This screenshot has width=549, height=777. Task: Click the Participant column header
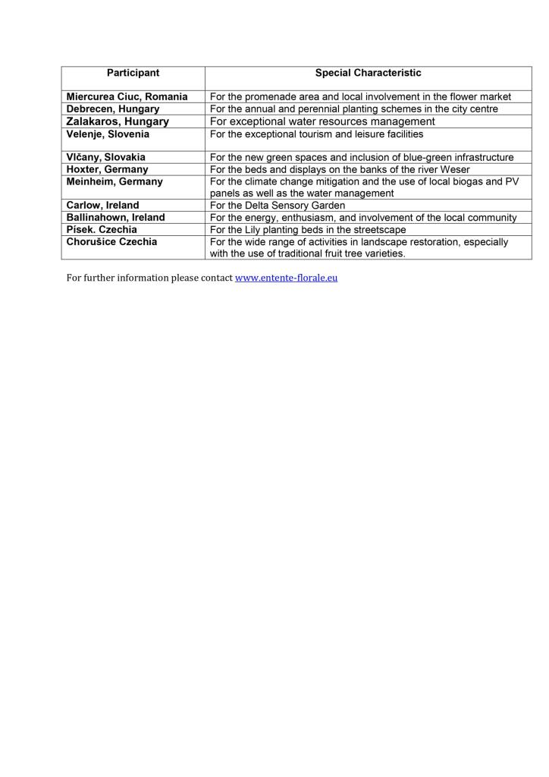(x=133, y=73)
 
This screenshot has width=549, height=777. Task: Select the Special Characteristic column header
(x=368, y=73)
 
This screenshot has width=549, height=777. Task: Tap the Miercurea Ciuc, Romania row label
(x=127, y=96)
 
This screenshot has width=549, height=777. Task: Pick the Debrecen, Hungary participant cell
(x=113, y=109)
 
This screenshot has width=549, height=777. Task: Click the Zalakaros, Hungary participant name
(x=118, y=121)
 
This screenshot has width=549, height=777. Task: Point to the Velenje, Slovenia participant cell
(x=108, y=134)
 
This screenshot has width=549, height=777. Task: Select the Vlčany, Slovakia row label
(x=106, y=157)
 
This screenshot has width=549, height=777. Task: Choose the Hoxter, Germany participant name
(x=107, y=169)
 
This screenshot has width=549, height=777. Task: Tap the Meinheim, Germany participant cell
(x=115, y=181)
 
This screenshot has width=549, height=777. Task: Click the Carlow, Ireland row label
(x=102, y=205)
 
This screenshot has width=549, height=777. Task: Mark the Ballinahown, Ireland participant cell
(x=115, y=217)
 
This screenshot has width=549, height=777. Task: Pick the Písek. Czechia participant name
(x=102, y=229)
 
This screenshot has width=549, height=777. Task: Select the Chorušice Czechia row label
(x=111, y=241)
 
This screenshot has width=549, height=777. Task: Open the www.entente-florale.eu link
(x=286, y=278)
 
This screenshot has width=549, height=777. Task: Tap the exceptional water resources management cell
(x=322, y=121)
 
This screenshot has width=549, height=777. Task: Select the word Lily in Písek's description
(x=254, y=229)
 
